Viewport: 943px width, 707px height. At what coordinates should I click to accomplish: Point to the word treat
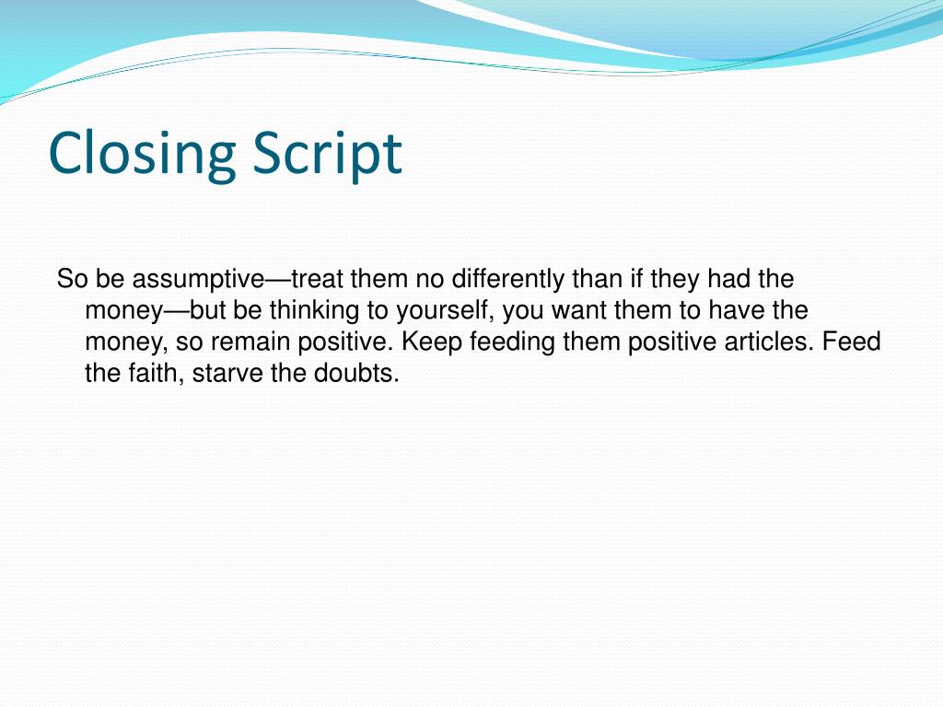click(x=318, y=278)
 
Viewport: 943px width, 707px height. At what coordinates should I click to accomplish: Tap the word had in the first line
click(x=730, y=278)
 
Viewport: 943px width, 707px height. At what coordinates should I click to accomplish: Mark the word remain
click(x=251, y=342)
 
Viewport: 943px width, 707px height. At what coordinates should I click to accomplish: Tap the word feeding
click(x=508, y=342)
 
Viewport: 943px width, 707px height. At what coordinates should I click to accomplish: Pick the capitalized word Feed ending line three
click(x=852, y=342)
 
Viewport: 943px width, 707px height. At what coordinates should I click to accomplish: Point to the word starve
click(x=228, y=375)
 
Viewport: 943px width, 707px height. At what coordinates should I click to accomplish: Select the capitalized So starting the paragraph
click(x=71, y=278)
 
